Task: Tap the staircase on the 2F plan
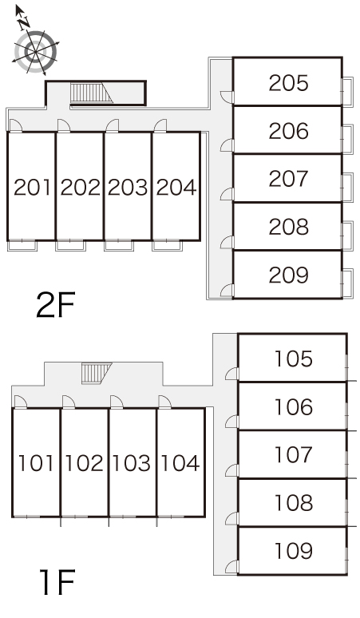(91, 93)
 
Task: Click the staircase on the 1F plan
(97, 373)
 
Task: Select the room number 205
(288, 83)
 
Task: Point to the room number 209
(288, 275)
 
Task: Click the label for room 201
(32, 187)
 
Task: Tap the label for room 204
(176, 187)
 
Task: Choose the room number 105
(294, 359)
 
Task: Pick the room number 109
(294, 551)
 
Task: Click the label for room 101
(36, 463)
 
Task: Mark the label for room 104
(180, 463)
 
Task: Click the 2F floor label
(55, 305)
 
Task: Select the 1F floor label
(57, 582)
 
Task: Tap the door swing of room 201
(15, 125)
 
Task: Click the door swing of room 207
(227, 194)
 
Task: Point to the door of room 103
(117, 402)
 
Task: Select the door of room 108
(232, 518)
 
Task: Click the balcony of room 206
(347, 139)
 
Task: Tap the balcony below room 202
(70, 246)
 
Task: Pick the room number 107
(294, 454)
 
